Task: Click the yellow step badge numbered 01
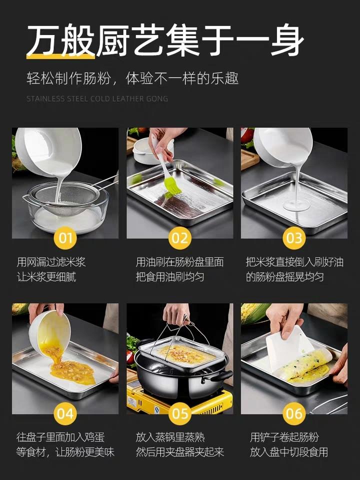(x=65, y=237)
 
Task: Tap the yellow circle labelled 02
(x=179, y=237)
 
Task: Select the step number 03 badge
(x=294, y=237)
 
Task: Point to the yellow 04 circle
(x=65, y=413)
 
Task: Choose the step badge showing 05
(x=179, y=413)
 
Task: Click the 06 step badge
(x=294, y=413)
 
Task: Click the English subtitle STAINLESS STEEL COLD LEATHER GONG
(x=97, y=99)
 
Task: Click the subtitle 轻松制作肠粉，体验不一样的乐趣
(x=132, y=78)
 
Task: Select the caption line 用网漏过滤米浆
(x=51, y=262)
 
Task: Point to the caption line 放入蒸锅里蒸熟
(x=170, y=437)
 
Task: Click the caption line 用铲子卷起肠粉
(x=284, y=437)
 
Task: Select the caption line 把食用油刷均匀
(x=170, y=277)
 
